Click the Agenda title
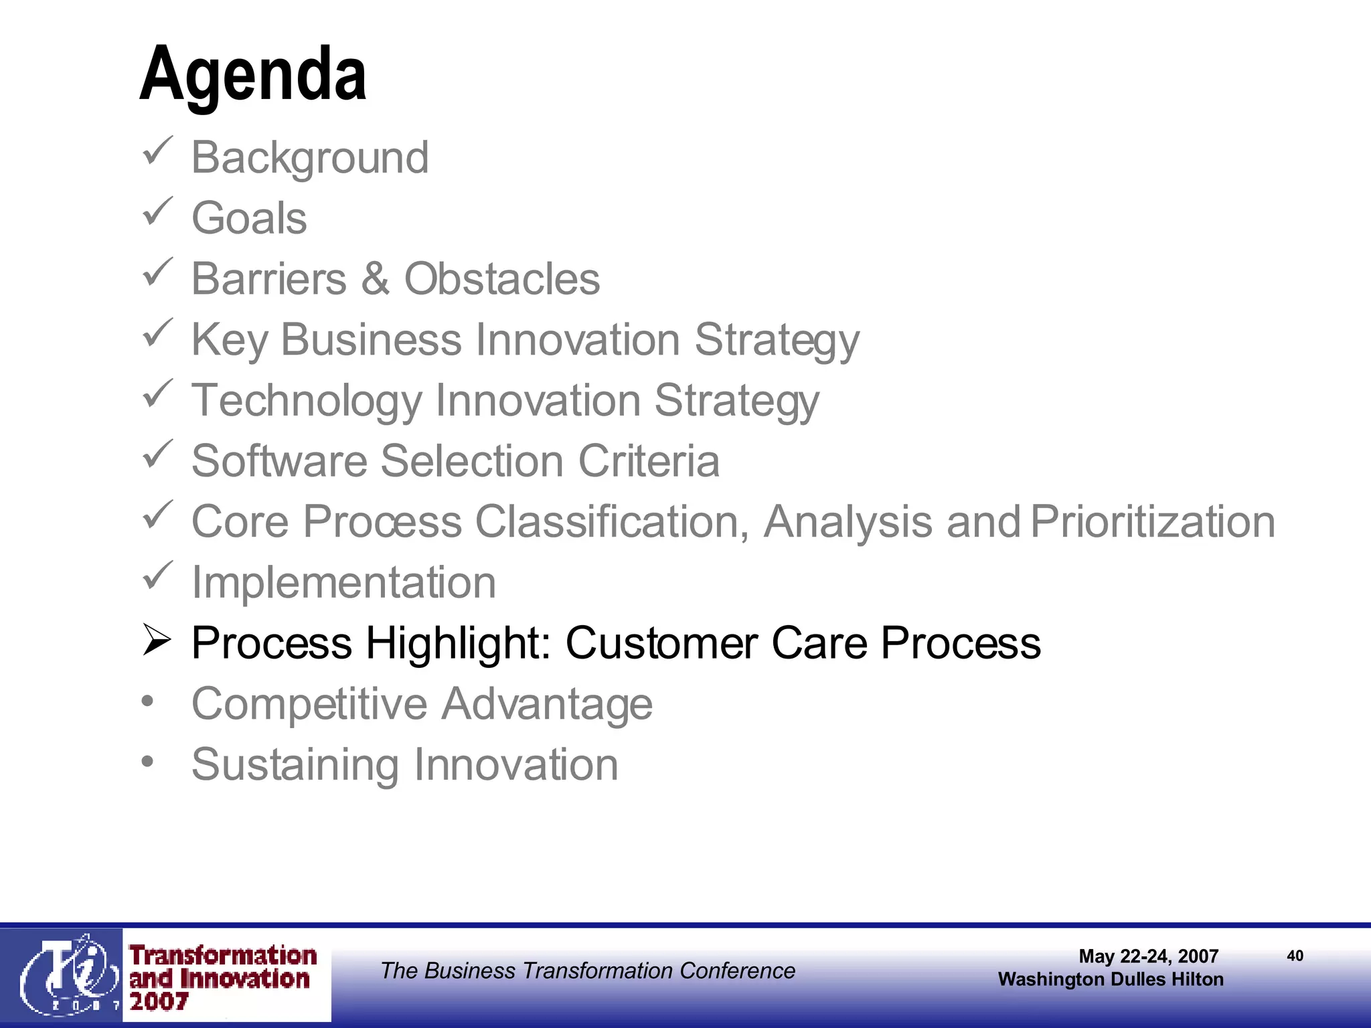[253, 74]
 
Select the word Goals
[249, 218]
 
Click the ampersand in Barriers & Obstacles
[376, 278]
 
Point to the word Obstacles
[502, 278]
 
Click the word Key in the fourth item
[230, 340]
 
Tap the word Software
[279, 461]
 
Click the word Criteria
[649, 461]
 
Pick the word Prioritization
[1153, 521]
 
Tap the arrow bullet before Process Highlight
[157, 640]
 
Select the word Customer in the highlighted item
[661, 643]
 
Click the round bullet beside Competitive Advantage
[148, 701]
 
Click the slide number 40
[1295, 956]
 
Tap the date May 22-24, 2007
[1148, 956]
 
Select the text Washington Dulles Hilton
[1111, 979]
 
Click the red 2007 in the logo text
[159, 1002]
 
